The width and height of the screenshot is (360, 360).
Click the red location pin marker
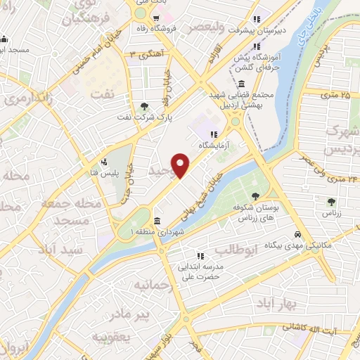(x=181, y=166)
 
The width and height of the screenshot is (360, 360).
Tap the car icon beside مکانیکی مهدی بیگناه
(x=298, y=234)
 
